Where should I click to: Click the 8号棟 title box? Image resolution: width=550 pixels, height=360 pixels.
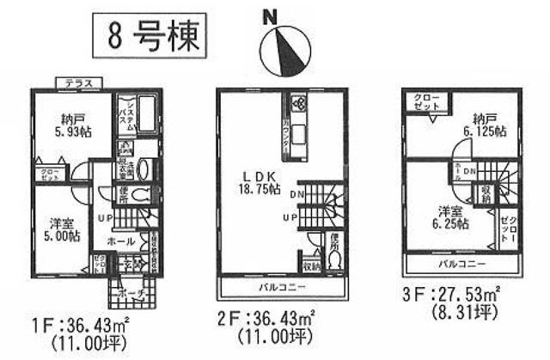[147, 39]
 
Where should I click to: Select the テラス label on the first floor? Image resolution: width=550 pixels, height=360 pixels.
[77, 82]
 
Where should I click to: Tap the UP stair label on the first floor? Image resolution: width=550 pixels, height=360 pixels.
[102, 217]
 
